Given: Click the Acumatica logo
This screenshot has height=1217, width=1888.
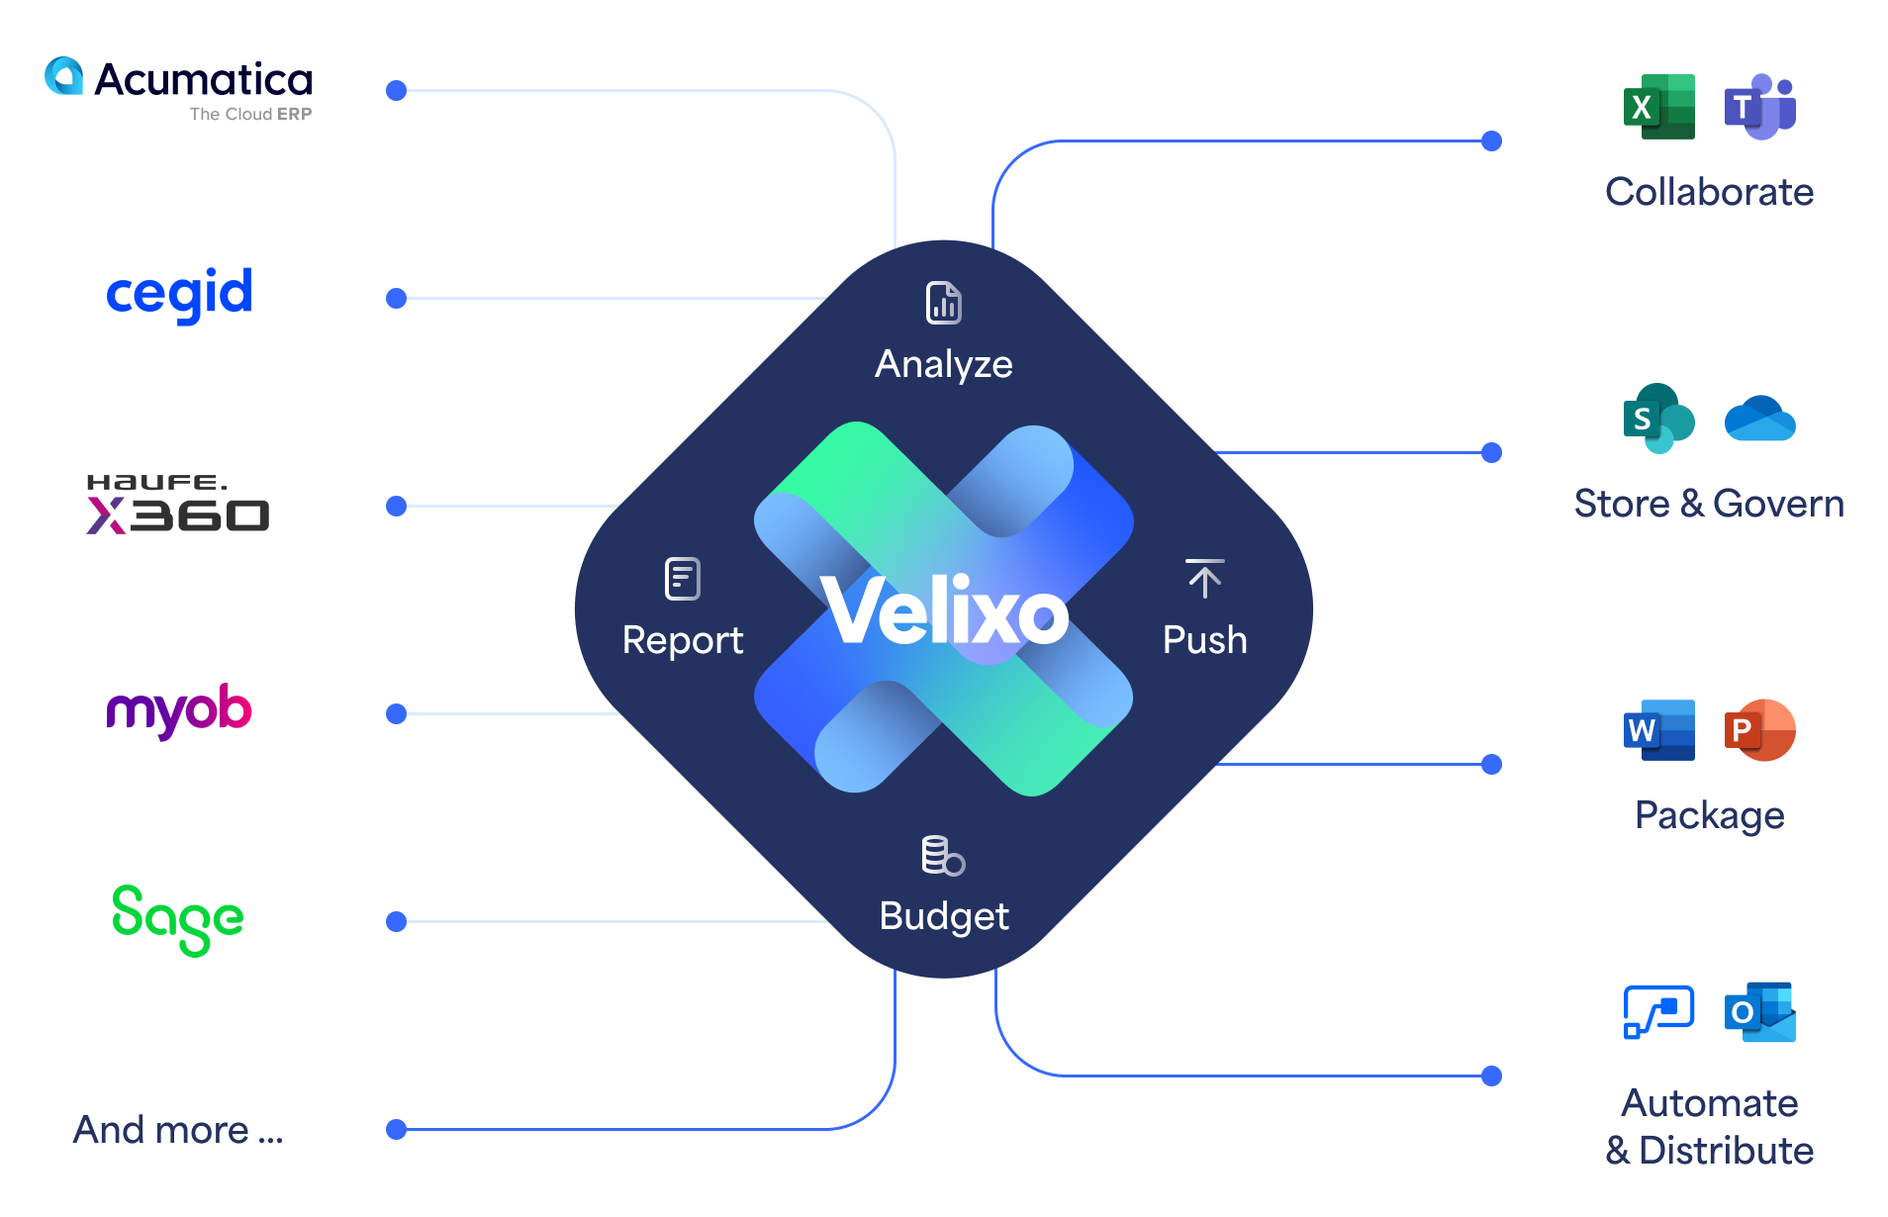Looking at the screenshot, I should [x=179, y=87].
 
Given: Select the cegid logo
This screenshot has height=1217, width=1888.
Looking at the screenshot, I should [x=179, y=293].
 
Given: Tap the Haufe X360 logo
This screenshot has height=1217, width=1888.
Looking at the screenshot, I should [x=177, y=504].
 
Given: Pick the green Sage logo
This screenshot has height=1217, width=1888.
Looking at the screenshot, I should [x=178, y=919].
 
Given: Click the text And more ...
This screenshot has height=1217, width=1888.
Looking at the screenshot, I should [x=178, y=1130].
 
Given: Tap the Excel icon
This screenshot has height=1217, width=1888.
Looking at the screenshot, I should [x=1659, y=107].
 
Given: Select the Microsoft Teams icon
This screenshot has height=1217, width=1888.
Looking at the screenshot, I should [x=1760, y=107].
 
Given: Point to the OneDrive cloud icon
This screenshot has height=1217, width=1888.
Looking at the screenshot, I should [x=1760, y=420].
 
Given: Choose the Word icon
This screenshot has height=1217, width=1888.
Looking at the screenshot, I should [x=1659, y=730].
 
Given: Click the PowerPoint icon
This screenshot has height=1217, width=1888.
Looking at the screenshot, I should [x=1760, y=730].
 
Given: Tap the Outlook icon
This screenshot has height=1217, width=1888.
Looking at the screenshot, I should [x=1760, y=1012].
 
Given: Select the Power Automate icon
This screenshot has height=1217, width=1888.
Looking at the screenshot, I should [x=1659, y=1012].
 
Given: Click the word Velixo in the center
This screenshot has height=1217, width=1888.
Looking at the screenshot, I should [x=944, y=612].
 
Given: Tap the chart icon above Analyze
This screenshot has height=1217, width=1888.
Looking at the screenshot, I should [x=944, y=303].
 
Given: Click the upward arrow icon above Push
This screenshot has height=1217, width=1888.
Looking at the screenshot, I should [x=1204, y=579].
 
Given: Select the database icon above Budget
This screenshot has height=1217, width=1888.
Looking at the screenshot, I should [x=943, y=856].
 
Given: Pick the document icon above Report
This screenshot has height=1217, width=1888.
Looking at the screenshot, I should [x=683, y=579].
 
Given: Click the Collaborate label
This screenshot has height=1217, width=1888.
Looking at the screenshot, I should [x=1709, y=192].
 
